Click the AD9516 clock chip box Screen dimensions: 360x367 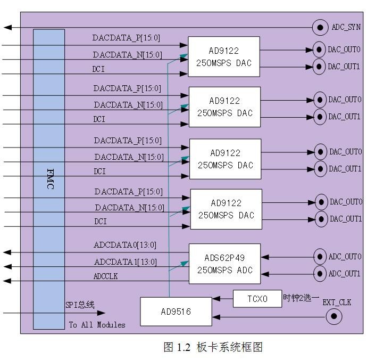[176, 311]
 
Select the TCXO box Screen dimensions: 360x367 [257, 298]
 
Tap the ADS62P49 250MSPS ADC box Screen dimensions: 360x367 [224, 264]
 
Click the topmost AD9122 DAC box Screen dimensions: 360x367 [223, 57]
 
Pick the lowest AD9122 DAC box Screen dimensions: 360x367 [226, 209]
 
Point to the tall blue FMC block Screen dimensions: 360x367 [49, 179]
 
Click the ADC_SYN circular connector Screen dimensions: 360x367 [320, 27]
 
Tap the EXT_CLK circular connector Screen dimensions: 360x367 [333, 317]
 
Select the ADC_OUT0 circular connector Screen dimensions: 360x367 [319, 257]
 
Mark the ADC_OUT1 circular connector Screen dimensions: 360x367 [319, 274]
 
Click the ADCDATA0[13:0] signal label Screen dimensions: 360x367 [125, 246]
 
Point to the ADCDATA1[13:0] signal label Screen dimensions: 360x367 [126, 262]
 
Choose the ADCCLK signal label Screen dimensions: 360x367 [105, 276]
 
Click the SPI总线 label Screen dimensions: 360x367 [80, 305]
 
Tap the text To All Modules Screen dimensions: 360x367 [97, 325]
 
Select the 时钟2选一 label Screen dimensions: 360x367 [301, 298]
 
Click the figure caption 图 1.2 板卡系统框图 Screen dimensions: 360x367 [213, 347]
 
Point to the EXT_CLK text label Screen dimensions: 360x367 [337, 302]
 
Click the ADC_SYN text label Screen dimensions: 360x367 [346, 27]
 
